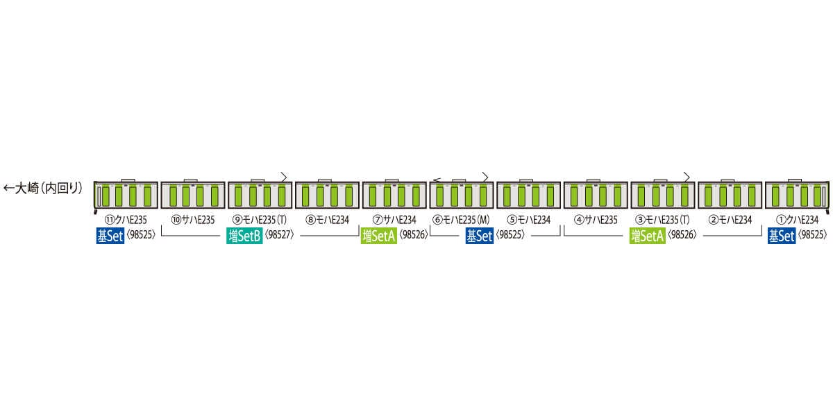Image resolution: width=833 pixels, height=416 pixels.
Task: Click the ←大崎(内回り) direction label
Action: (x=43, y=188)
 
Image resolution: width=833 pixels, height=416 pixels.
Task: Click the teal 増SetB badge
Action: (x=244, y=235)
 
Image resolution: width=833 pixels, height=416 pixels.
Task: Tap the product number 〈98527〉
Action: (x=280, y=235)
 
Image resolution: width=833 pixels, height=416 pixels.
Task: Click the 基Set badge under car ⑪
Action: (x=110, y=235)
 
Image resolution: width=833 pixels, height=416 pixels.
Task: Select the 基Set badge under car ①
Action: (x=781, y=235)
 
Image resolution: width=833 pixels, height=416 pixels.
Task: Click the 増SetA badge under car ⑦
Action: (x=379, y=235)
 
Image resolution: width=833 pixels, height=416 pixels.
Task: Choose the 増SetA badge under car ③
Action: (x=648, y=235)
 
